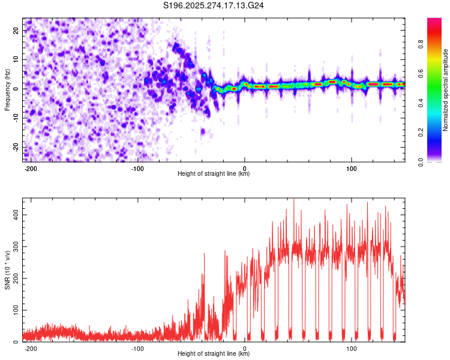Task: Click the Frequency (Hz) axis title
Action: [x=7, y=89]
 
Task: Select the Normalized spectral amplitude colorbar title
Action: [x=446, y=90]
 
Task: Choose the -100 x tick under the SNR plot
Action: [x=137, y=348]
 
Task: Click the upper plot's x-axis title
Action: [x=214, y=174]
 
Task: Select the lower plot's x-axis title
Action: [x=214, y=354]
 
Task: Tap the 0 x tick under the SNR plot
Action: [x=245, y=348]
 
